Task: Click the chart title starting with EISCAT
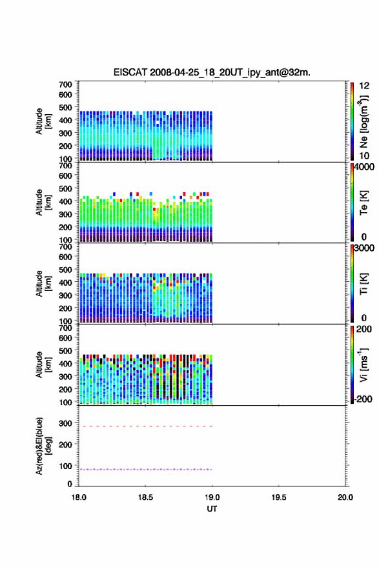[x=212, y=72]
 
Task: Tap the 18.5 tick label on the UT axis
[x=145, y=497]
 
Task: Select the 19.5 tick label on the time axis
[x=279, y=497]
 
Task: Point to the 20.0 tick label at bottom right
[x=345, y=497]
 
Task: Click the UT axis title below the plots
[x=212, y=509]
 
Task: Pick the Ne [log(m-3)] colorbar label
[x=364, y=121]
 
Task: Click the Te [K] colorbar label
[x=364, y=203]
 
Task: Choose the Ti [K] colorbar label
[x=364, y=284]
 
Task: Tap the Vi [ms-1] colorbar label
[x=364, y=364]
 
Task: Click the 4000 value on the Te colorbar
[x=364, y=167]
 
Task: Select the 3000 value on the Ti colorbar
[x=364, y=248]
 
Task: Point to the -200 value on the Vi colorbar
[x=363, y=399]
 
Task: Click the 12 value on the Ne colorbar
[x=364, y=86]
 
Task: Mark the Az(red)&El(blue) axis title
[x=43, y=446]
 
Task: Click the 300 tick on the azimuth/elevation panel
[x=65, y=423]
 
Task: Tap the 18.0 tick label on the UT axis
[x=79, y=497]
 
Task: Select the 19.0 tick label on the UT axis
[x=212, y=497]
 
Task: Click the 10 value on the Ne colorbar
[x=364, y=156]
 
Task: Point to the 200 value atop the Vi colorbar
[x=364, y=329]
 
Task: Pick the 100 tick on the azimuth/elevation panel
[x=65, y=466]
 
